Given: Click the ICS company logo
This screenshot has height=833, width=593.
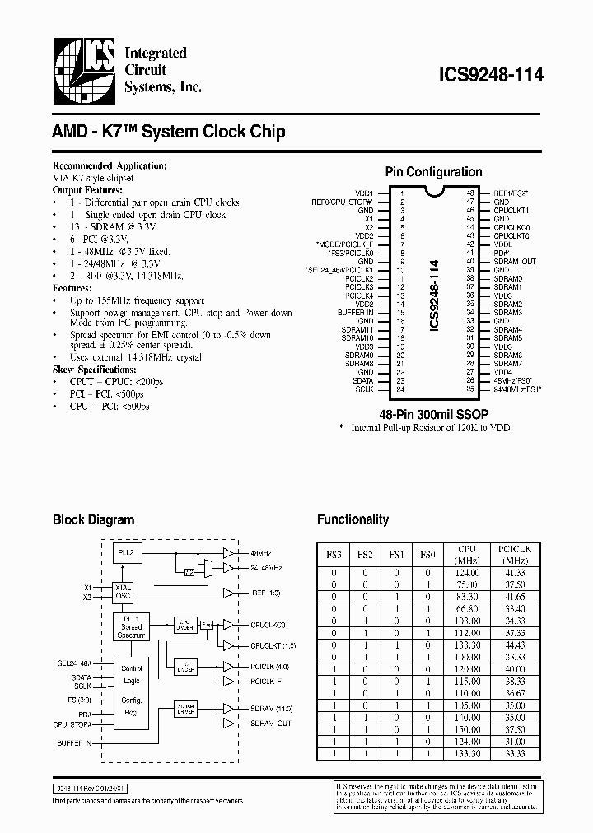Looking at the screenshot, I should pyautogui.click(x=82, y=73).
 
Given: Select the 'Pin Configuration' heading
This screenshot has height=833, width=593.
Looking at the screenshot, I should pyautogui.click(x=434, y=172).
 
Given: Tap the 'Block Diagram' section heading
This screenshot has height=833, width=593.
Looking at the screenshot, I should pyautogui.click(x=93, y=520).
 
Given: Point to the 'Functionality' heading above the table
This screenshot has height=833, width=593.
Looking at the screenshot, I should pyautogui.click(x=353, y=520).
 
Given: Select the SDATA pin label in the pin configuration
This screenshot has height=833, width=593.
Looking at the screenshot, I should pyautogui.click(x=362, y=380).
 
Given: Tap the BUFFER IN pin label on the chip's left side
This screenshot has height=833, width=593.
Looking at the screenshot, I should pyautogui.click(x=356, y=313).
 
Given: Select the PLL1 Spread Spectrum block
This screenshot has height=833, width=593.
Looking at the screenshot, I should pyautogui.click(x=131, y=626).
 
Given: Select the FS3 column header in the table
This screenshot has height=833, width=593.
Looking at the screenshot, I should pyautogui.click(x=334, y=556).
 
